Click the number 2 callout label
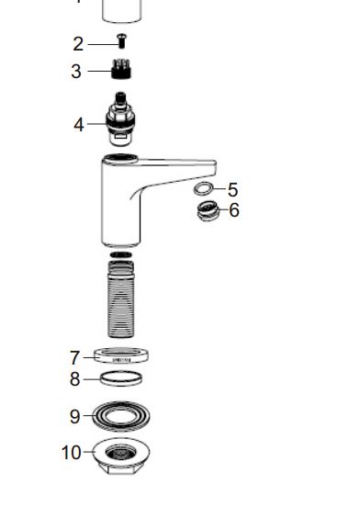pos(78,44)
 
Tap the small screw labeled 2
pos(121,41)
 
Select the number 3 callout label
pos(76,72)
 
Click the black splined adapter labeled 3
pos(121,69)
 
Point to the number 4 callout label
pos(79,125)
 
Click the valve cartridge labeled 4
pos(120,118)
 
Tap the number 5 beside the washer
pos(233,189)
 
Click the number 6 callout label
pos(234,210)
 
